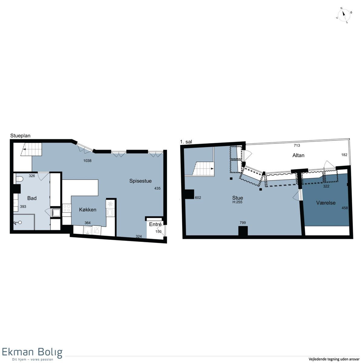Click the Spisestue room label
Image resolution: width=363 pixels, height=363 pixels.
[140, 181]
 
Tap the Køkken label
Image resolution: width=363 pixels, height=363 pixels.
[88, 210]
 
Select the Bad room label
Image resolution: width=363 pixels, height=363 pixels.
[32, 198]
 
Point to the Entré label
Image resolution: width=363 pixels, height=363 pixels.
[155, 224]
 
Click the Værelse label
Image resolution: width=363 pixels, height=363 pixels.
[326, 203]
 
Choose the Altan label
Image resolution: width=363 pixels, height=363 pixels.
[298, 155]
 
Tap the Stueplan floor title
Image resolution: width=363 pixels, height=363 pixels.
[20, 136]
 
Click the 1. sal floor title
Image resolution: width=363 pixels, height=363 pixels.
[186, 142]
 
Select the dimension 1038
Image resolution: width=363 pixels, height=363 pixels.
[87, 161]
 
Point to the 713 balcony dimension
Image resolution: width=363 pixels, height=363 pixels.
[297, 145]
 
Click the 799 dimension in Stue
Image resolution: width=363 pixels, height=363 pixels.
[243, 222]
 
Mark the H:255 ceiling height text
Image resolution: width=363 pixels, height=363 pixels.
[237, 202]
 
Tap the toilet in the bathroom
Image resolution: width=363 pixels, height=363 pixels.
[19, 178]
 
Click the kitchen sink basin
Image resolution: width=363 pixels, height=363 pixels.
[88, 230]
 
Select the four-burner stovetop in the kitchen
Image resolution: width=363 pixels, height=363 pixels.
[67, 208]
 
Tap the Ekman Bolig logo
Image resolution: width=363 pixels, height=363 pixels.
[32, 354]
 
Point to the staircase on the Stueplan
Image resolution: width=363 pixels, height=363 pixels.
[31, 149]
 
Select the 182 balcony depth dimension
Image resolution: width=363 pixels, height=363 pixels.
[344, 155]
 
